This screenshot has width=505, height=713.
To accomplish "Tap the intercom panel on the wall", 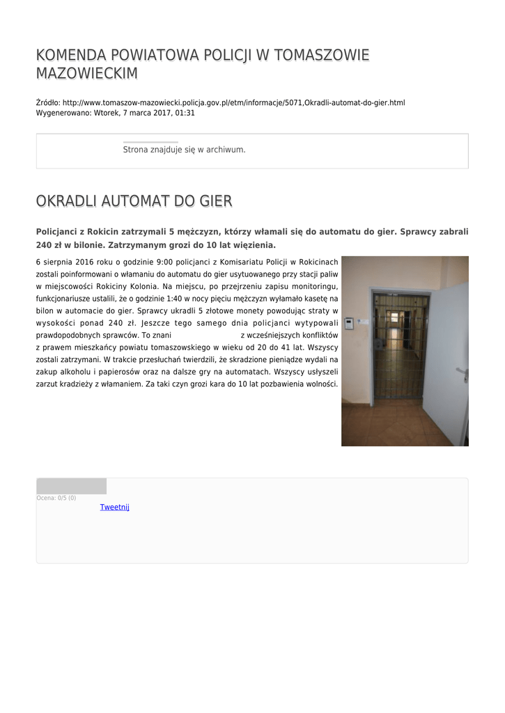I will coord(349,323).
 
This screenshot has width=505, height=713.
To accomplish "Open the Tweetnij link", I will coord(115,507).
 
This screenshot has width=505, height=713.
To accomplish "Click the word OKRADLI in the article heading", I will coord(65,201).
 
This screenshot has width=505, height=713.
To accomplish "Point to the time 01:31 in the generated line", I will coord(185,112).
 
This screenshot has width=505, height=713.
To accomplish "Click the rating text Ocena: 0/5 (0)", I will coord(56,498).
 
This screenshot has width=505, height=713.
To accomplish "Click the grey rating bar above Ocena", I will coord(71,486).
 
